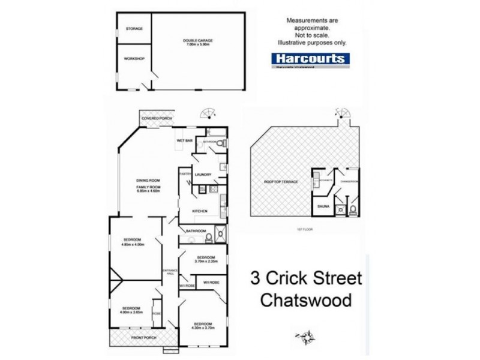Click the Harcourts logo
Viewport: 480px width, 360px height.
pyautogui.click(x=310, y=59)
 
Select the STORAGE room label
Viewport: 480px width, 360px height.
pyautogui.click(x=134, y=28)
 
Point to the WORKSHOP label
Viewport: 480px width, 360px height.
pyautogui.click(x=134, y=59)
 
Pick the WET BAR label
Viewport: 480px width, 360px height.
pyautogui.click(x=184, y=140)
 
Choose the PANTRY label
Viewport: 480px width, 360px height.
pyautogui.click(x=185, y=174)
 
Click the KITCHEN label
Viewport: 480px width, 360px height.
pyautogui.click(x=200, y=211)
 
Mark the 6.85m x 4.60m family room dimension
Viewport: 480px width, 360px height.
pyautogui.click(x=148, y=190)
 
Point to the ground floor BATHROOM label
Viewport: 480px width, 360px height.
pyautogui.click(x=196, y=231)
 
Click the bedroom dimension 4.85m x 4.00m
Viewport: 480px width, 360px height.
pyautogui.click(x=134, y=244)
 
